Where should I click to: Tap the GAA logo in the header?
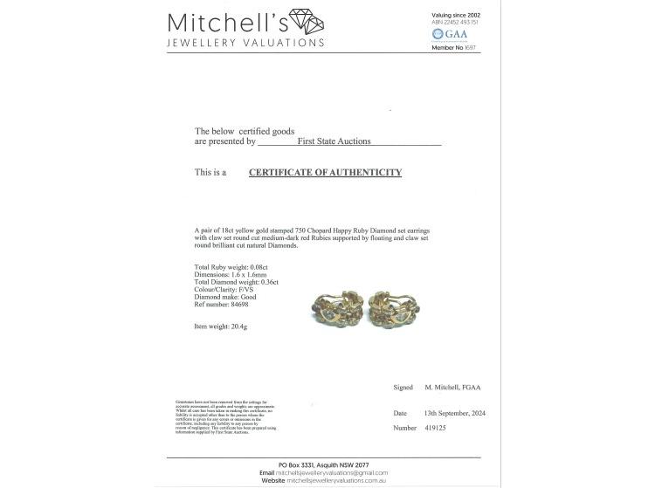pyautogui.click(x=449, y=34)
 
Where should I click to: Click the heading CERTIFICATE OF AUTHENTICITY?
pyautogui.click(x=325, y=173)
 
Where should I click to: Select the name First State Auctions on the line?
pyautogui.click(x=334, y=141)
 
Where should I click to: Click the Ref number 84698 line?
pyautogui.click(x=223, y=306)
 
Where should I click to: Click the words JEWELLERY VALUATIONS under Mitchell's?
pyautogui.click(x=245, y=43)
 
